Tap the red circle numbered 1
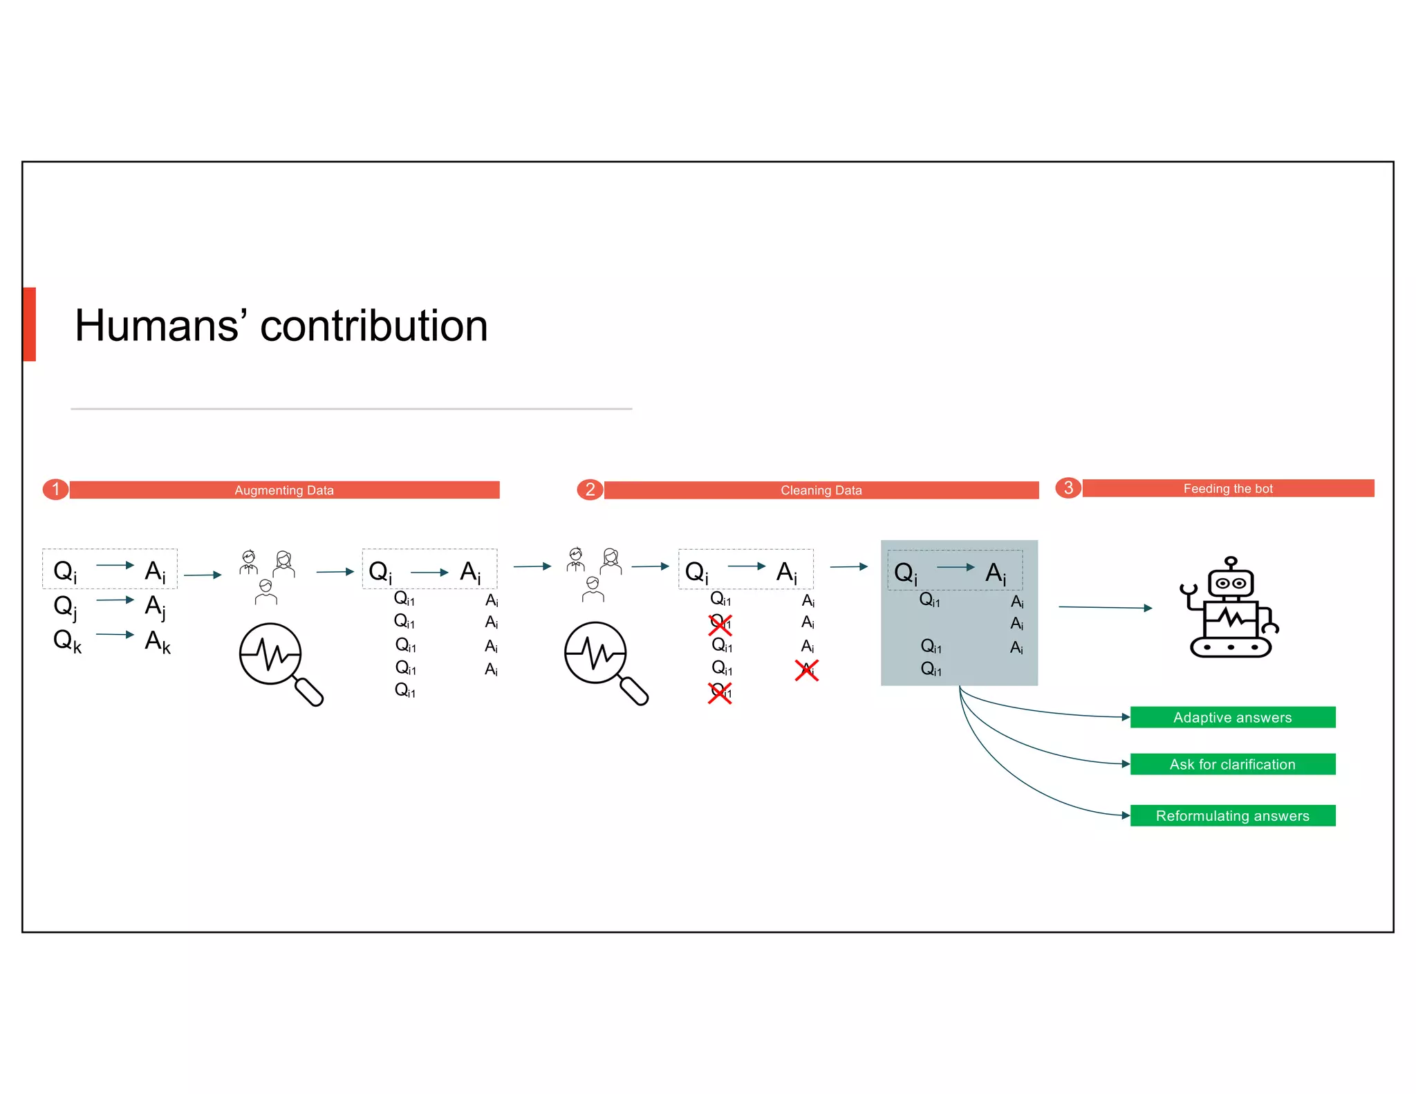pyautogui.click(x=55, y=490)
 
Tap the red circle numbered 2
pyautogui.click(x=590, y=490)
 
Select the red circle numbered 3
pyautogui.click(x=1068, y=488)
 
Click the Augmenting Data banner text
pyautogui.click(x=283, y=490)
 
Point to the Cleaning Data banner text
pyautogui.click(x=821, y=490)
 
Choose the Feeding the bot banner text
pyautogui.click(x=1228, y=488)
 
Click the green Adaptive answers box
pyautogui.click(x=1232, y=717)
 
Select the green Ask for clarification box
pyautogui.click(x=1232, y=764)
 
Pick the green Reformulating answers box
pyautogui.click(x=1232, y=815)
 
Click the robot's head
pyautogui.click(x=1231, y=582)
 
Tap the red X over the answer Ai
pyautogui.click(x=807, y=670)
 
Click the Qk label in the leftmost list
pyautogui.click(x=67, y=640)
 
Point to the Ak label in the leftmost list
pyautogui.click(x=157, y=641)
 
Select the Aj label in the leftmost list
pyautogui.click(x=155, y=606)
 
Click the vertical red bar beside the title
pyautogui.click(x=29, y=324)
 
